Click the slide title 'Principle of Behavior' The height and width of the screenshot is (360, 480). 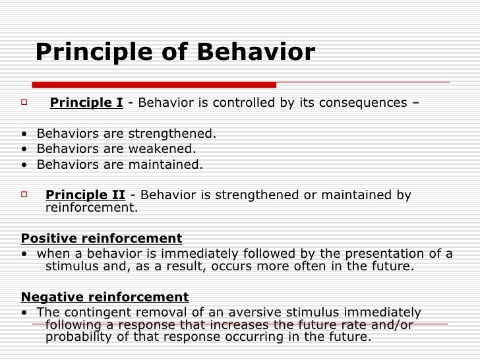coord(175,53)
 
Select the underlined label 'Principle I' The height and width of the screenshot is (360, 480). coord(86,103)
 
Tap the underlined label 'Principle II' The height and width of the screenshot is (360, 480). coord(85,195)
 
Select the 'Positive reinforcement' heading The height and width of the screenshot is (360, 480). coord(102,238)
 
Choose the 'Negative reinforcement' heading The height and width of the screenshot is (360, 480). coord(105,297)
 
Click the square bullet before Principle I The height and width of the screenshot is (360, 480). coord(24,103)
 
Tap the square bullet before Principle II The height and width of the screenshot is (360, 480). coord(24,195)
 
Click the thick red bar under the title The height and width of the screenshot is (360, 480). coord(154,84)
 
